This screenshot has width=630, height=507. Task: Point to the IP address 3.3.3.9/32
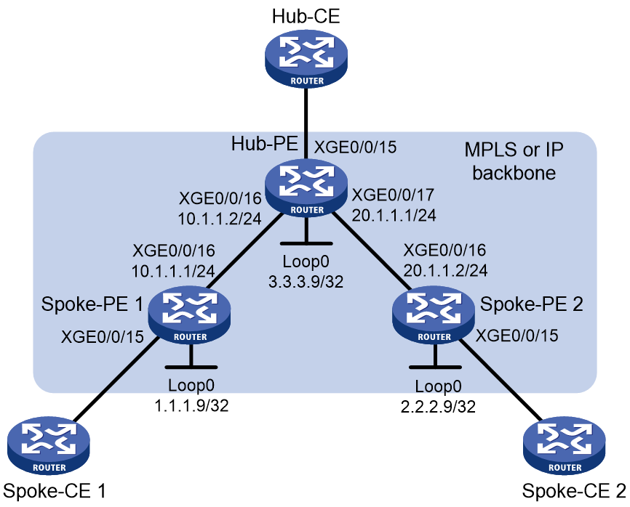click(x=306, y=282)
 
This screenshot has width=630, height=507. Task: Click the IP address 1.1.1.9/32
click(x=191, y=405)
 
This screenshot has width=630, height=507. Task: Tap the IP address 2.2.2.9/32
click(x=438, y=407)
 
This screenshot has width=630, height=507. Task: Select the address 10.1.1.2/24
click(x=220, y=218)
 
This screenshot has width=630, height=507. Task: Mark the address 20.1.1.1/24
click(x=394, y=216)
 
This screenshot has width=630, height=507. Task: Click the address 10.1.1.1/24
click(x=173, y=271)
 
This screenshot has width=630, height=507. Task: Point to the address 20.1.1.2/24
click(x=445, y=270)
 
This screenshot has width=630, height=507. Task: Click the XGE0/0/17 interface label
click(x=393, y=195)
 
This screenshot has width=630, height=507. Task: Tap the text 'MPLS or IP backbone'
click(x=514, y=161)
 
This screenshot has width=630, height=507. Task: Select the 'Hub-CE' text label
click(x=306, y=17)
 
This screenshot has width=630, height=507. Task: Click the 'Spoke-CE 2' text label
click(x=574, y=491)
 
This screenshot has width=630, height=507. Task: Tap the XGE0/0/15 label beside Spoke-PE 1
click(x=102, y=336)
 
